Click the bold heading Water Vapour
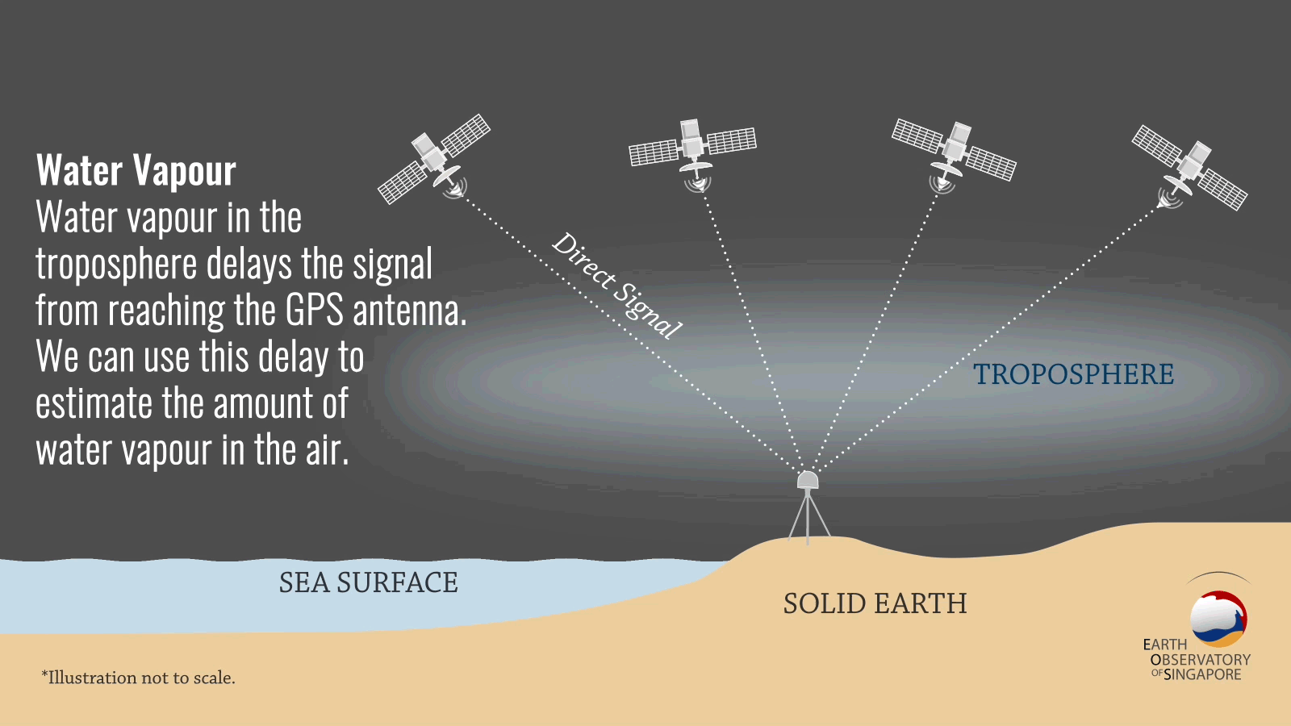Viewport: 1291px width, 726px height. [x=136, y=170]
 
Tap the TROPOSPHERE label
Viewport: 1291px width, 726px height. [x=1074, y=374]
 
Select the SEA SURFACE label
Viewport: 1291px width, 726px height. [x=368, y=582]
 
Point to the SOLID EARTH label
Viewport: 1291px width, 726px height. [x=875, y=603]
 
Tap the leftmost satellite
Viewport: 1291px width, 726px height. [x=434, y=159]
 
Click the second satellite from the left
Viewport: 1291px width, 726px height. [x=692, y=154]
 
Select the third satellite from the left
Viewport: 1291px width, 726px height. [x=954, y=155]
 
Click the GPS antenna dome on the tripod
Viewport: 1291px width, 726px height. [x=808, y=480]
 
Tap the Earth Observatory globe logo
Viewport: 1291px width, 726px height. [x=1218, y=618]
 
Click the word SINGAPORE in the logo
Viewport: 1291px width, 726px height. [x=1202, y=674]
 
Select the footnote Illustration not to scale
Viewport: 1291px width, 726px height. [x=138, y=678]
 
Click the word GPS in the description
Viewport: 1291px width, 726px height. [x=314, y=311]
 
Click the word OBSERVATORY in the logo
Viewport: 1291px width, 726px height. [x=1201, y=660]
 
